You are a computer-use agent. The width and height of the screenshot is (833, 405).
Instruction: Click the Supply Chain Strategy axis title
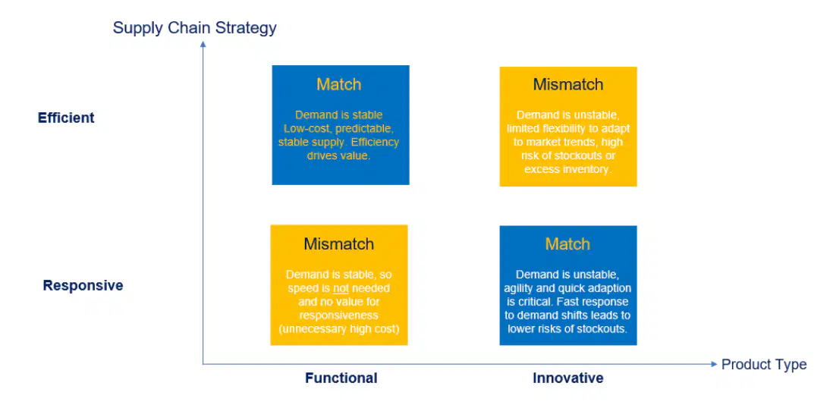click(x=194, y=28)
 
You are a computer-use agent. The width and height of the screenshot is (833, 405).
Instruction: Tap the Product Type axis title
click(x=763, y=365)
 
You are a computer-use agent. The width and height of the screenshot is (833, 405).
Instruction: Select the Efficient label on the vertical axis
click(x=66, y=118)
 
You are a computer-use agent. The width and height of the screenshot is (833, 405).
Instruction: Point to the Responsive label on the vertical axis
click(x=83, y=286)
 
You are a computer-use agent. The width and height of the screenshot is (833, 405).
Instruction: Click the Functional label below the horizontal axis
click(x=341, y=378)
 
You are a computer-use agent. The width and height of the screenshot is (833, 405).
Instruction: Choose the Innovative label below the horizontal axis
click(x=568, y=378)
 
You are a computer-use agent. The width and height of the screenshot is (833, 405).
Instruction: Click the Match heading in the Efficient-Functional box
click(x=339, y=84)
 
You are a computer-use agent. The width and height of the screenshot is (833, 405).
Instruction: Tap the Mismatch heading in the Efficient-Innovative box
click(x=568, y=84)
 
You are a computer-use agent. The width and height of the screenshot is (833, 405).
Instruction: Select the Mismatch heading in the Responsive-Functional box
click(x=339, y=244)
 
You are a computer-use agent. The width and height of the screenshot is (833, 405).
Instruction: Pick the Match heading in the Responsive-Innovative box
click(x=568, y=244)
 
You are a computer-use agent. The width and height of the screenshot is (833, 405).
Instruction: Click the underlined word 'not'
click(x=341, y=289)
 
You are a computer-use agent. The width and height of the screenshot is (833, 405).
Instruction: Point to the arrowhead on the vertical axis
click(x=203, y=44)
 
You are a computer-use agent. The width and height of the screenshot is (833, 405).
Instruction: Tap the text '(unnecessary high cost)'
click(x=339, y=328)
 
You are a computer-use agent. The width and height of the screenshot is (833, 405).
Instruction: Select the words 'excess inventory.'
click(x=568, y=169)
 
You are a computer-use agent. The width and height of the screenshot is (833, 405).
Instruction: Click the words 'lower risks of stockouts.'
click(x=568, y=328)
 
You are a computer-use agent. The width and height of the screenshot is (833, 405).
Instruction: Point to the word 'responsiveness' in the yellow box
click(x=339, y=316)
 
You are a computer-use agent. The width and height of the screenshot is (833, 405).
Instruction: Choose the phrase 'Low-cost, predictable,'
click(x=338, y=128)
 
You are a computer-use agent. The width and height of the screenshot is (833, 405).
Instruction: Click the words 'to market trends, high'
click(x=568, y=143)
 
